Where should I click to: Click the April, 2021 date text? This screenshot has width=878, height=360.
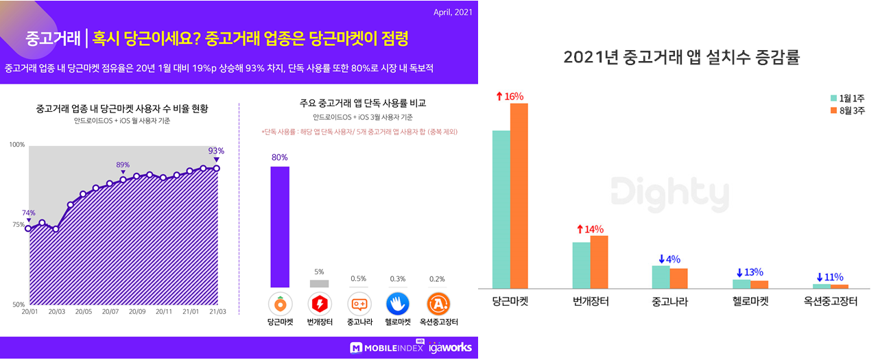click(x=453, y=12)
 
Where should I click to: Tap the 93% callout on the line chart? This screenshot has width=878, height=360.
click(x=216, y=151)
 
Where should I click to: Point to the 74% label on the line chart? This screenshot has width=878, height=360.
click(x=28, y=213)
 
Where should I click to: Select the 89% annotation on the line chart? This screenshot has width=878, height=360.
click(x=123, y=165)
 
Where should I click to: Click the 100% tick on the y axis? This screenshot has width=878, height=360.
click(x=17, y=145)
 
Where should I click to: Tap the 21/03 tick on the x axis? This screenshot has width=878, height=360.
click(x=217, y=311)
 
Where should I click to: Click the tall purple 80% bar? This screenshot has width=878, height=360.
click(x=279, y=227)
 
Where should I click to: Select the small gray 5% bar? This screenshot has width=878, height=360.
click(x=319, y=283)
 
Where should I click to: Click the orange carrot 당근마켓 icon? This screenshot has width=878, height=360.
click(x=280, y=303)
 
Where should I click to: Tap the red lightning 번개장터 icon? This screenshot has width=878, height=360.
click(x=320, y=303)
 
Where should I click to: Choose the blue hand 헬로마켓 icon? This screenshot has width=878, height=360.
click(x=398, y=303)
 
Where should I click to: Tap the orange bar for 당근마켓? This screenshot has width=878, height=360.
click(x=519, y=195)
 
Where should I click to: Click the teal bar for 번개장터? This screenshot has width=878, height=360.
click(x=581, y=265)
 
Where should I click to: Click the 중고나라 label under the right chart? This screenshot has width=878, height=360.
click(x=669, y=302)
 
